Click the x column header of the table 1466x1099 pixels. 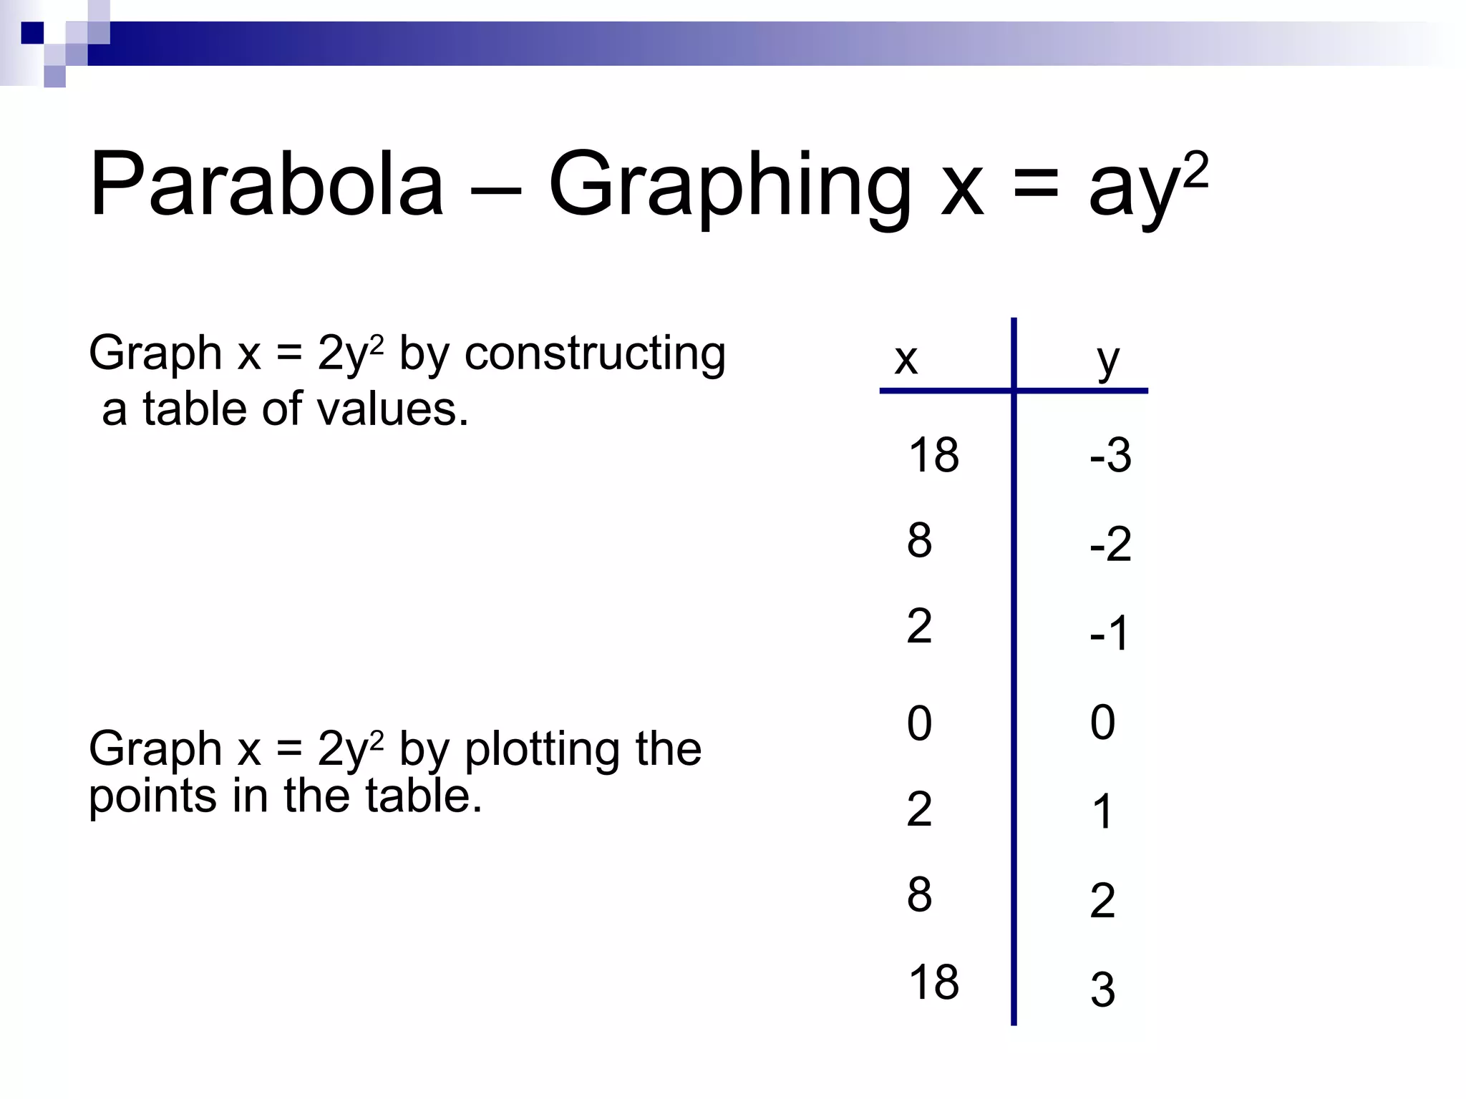(x=906, y=358)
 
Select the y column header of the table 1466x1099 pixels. (x=1108, y=360)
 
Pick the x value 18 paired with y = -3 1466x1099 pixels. (x=933, y=454)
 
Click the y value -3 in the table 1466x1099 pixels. (x=1110, y=454)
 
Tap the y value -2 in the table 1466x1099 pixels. (x=1110, y=544)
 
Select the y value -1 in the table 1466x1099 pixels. (x=1109, y=632)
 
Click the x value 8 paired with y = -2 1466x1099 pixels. (x=919, y=540)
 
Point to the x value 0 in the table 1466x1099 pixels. (x=919, y=723)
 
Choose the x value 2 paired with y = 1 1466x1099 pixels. (x=919, y=809)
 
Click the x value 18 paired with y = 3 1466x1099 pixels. (x=933, y=982)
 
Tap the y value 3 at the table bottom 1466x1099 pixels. (x=1102, y=990)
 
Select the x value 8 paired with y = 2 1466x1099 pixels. (x=919, y=894)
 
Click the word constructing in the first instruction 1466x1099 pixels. (x=595, y=353)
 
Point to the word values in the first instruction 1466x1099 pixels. (x=392, y=409)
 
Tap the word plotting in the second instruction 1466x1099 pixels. (x=543, y=749)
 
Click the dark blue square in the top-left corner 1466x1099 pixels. (x=32, y=33)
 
